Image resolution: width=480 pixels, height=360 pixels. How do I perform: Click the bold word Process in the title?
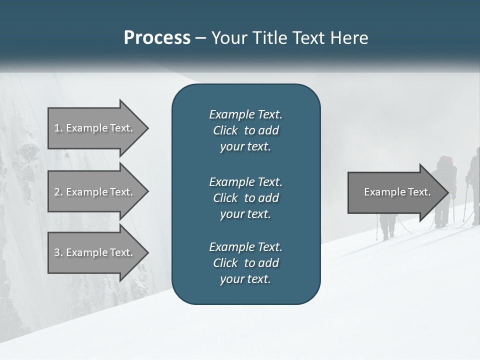pyautogui.click(x=157, y=38)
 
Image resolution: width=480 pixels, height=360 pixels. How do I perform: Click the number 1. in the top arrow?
pyautogui.click(x=58, y=128)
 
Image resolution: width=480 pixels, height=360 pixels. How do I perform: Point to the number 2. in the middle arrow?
pyautogui.click(x=58, y=192)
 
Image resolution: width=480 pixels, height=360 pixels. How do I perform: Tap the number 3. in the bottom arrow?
pyautogui.click(x=58, y=252)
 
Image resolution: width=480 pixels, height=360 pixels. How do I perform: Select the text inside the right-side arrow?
pyautogui.click(x=397, y=192)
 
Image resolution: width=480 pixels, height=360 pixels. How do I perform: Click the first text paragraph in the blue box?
pyautogui.click(x=245, y=130)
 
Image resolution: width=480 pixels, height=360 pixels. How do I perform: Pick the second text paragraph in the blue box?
pyautogui.click(x=245, y=198)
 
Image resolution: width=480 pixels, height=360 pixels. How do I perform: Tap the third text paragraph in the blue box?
pyautogui.click(x=245, y=263)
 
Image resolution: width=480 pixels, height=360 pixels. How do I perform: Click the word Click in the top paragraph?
pyautogui.click(x=225, y=130)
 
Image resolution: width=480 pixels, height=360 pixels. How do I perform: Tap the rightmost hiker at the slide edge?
pyautogui.click(x=474, y=185)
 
